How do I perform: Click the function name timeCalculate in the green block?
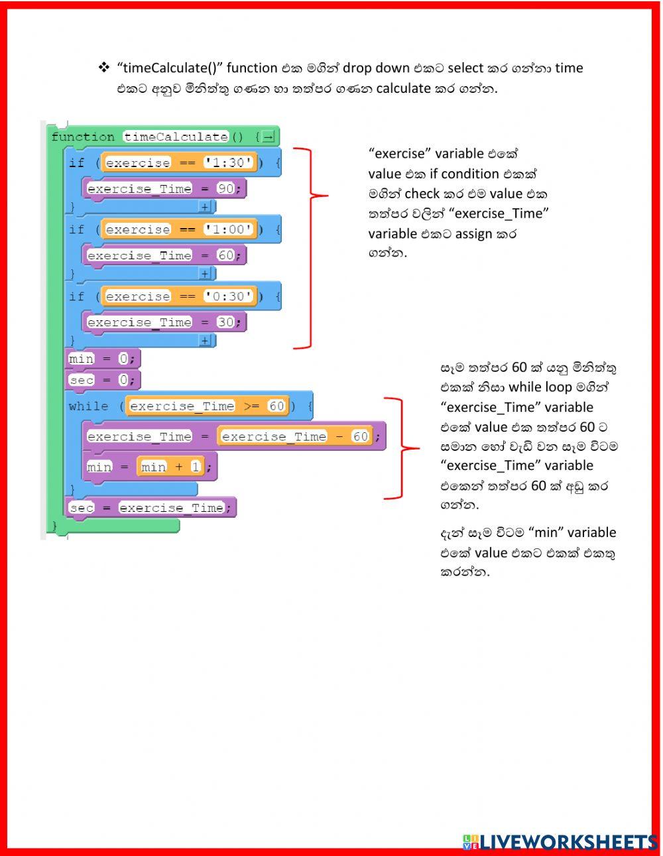[x=176, y=137]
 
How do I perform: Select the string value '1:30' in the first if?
[x=229, y=162]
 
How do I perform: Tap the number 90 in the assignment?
[x=226, y=189]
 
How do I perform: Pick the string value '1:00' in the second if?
[x=229, y=229]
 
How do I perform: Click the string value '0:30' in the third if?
[x=229, y=296]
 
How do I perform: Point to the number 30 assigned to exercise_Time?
[x=226, y=322]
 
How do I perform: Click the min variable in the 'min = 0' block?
[x=82, y=359]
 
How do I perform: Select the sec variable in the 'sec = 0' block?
[x=82, y=380]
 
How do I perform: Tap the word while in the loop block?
[x=88, y=406]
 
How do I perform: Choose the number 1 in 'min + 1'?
[x=196, y=467]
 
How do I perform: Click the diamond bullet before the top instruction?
[x=104, y=67]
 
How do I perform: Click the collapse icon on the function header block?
[x=268, y=137]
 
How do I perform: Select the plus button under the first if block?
[x=205, y=207]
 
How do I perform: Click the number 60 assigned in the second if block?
[x=226, y=255]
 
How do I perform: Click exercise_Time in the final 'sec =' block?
[x=171, y=508]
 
